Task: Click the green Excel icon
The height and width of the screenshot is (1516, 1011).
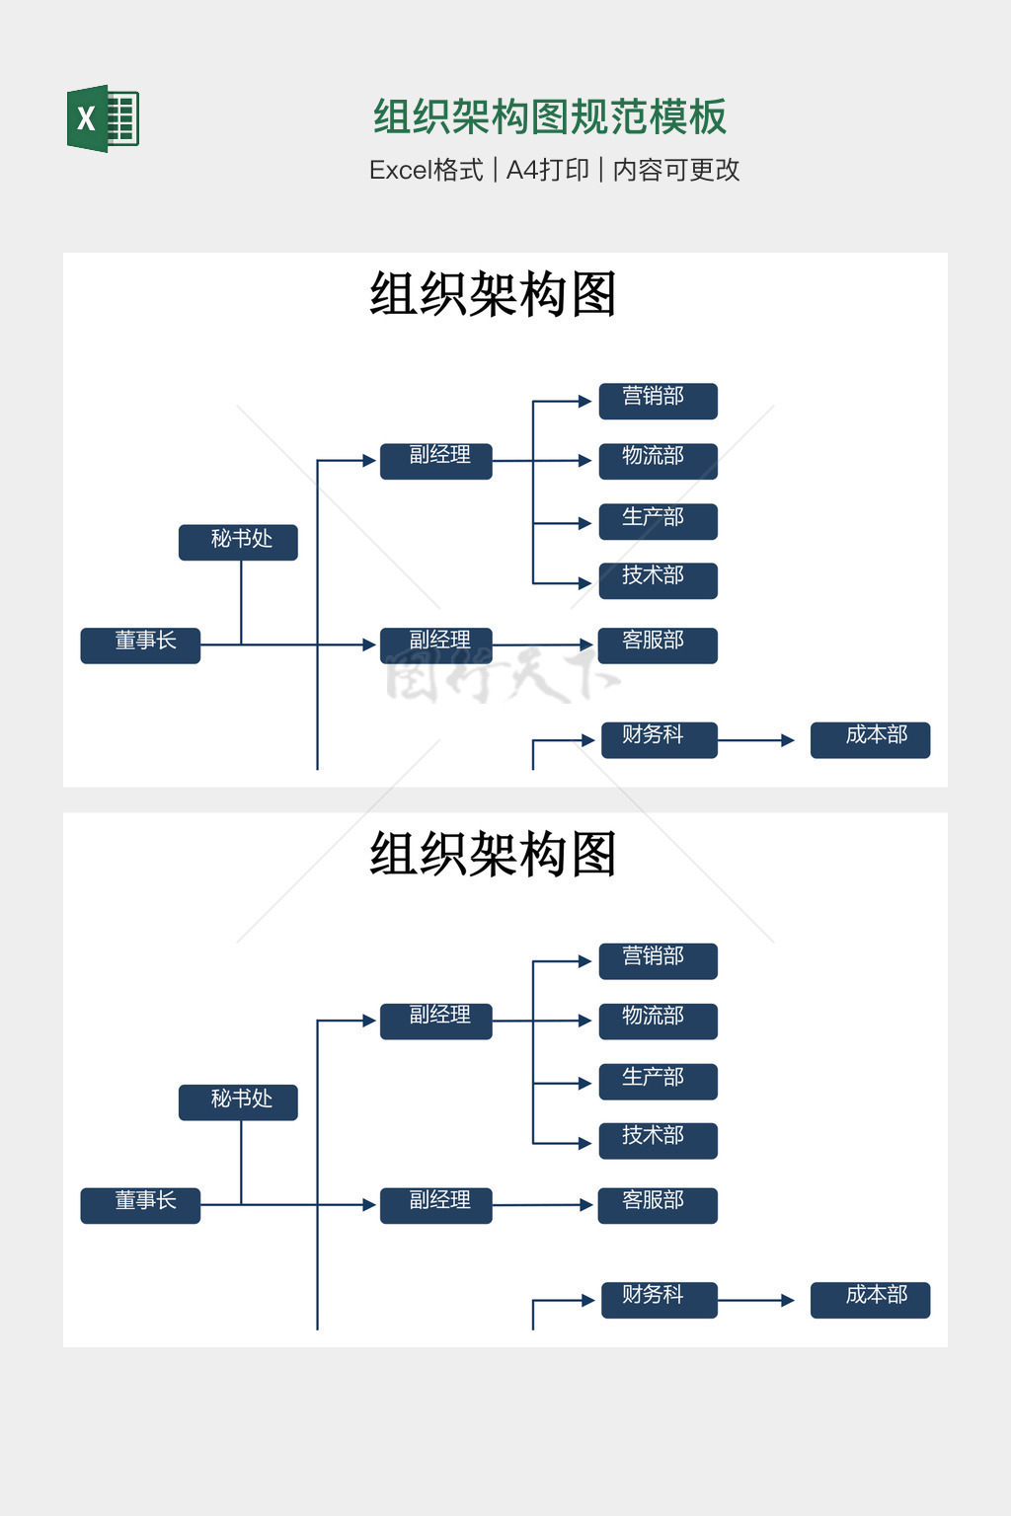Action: (103, 118)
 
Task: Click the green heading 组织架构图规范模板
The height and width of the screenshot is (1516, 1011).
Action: (550, 116)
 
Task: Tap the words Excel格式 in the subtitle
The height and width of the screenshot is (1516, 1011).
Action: (426, 170)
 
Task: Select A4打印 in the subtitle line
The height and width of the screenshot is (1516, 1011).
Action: (547, 170)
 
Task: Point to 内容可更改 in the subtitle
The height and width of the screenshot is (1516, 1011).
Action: (676, 170)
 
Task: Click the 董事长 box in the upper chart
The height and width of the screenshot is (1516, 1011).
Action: (140, 644)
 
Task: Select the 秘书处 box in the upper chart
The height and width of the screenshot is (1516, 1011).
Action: (238, 542)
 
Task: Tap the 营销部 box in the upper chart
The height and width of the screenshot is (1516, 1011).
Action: (658, 401)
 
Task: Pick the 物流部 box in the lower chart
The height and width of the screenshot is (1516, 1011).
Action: (658, 1021)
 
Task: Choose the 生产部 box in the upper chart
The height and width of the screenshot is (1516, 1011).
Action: (658, 521)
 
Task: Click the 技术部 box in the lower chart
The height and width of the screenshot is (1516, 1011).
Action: (658, 1140)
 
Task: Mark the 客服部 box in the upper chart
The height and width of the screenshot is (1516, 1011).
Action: (658, 644)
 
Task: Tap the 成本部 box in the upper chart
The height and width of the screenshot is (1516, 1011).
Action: (870, 739)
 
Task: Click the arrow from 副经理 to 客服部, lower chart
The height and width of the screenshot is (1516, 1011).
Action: (543, 1205)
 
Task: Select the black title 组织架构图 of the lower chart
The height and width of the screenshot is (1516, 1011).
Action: (493, 854)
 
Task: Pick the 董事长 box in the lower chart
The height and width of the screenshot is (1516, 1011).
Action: (140, 1205)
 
